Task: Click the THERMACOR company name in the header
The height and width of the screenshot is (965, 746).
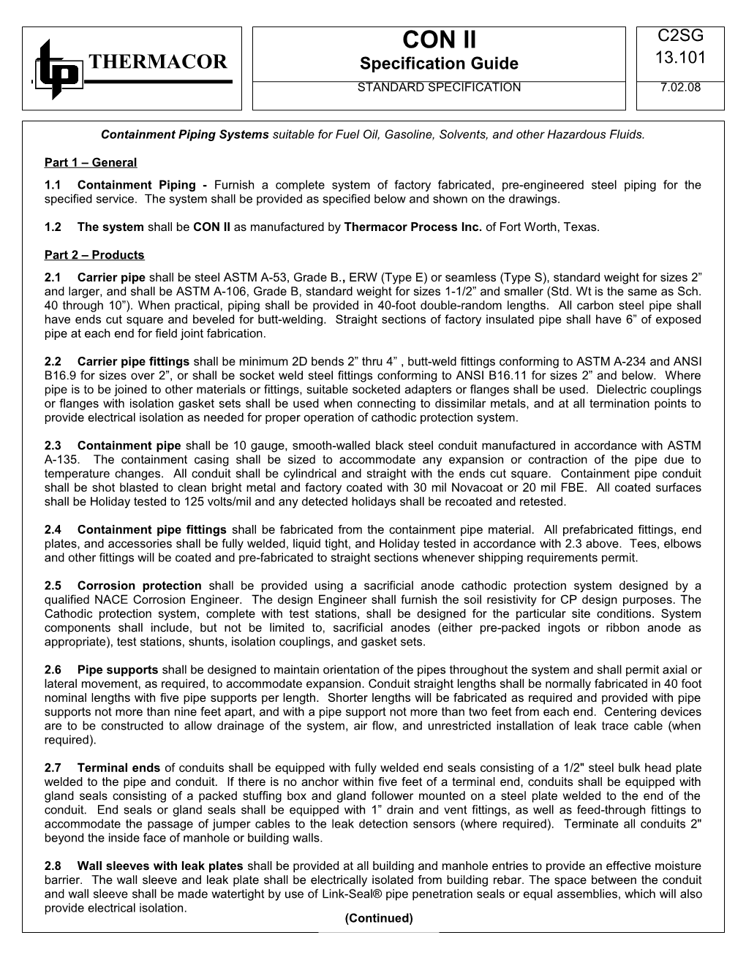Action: pyautogui.click(x=157, y=62)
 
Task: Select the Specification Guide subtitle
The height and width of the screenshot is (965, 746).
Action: pyautogui.click(x=439, y=64)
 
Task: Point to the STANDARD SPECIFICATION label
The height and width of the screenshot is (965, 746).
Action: pyautogui.click(x=439, y=88)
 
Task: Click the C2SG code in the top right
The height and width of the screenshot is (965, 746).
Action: pyautogui.click(x=680, y=37)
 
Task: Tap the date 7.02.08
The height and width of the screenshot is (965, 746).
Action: pyautogui.click(x=680, y=88)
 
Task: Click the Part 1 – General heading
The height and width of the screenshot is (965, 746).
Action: pyautogui.click(x=90, y=162)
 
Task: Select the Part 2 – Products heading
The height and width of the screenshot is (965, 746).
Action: pyautogui.click(x=94, y=255)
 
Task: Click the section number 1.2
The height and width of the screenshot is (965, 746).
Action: pyautogui.click(x=53, y=227)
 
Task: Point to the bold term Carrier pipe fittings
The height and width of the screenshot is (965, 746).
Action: pyautogui.click(x=133, y=362)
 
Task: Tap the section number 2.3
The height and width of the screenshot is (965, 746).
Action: pyautogui.click(x=53, y=446)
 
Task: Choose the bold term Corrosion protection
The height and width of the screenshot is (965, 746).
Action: pyautogui.click(x=139, y=586)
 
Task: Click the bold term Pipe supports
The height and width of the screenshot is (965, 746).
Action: pyautogui.click(x=117, y=670)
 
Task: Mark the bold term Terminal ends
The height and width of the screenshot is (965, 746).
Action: pyautogui.click(x=118, y=768)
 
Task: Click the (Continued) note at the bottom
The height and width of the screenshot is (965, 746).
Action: pyautogui.click(x=378, y=919)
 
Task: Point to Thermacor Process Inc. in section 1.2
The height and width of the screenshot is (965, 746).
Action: pyautogui.click(x=412, y=227)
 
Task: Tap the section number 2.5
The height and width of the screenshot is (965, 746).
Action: pyautogui.click(x=53, y=586)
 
